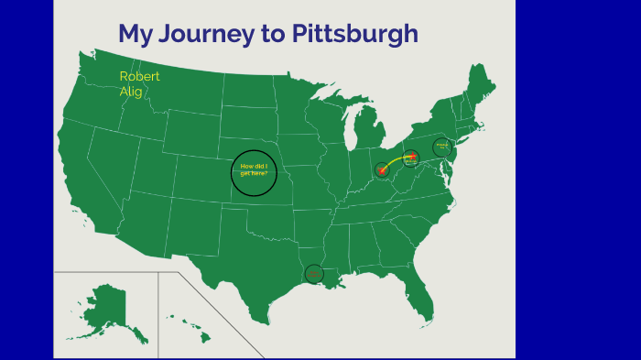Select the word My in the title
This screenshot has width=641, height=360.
[134, 35]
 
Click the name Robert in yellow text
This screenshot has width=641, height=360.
[139, 76]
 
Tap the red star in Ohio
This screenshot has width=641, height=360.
[382, 169]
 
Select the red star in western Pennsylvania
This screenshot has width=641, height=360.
[411, 158]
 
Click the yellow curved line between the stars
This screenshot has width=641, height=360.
[395, 159]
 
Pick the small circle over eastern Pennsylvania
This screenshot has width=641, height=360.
[442, 147]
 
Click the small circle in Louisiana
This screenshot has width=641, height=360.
[313, 273]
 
